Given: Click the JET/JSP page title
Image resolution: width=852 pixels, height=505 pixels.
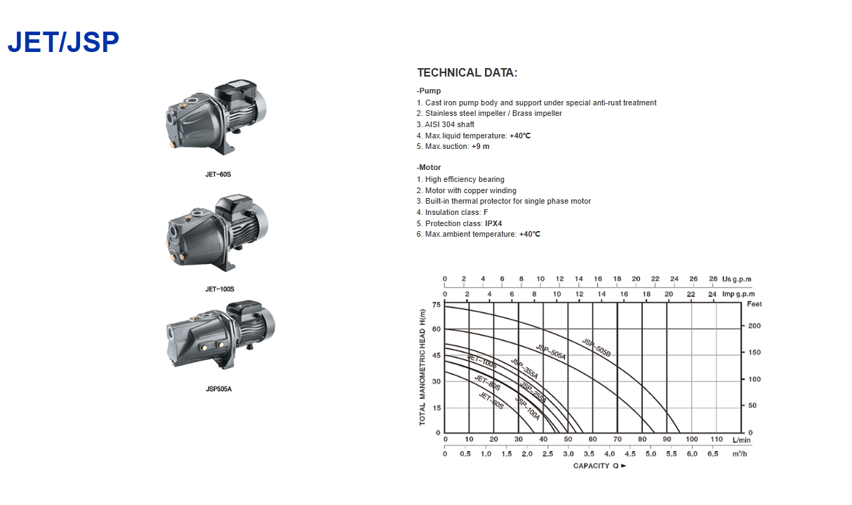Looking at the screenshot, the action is [63, 42].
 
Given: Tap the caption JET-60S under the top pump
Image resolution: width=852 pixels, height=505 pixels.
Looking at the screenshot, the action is [218, 174].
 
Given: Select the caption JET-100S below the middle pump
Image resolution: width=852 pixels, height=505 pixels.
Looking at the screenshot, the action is [220, 289].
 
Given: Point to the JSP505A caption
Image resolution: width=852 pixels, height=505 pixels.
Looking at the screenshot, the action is [219, 389].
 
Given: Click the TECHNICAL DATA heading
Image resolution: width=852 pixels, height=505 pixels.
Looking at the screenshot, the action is [467, 72].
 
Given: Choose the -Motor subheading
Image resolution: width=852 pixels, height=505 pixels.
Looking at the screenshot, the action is [429, 167].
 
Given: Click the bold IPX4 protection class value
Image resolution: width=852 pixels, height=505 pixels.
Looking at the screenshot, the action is [493, 223].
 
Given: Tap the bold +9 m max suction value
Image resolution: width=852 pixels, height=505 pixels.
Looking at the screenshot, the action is [481, 147].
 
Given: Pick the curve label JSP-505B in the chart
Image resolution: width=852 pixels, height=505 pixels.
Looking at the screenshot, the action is [597, 348].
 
